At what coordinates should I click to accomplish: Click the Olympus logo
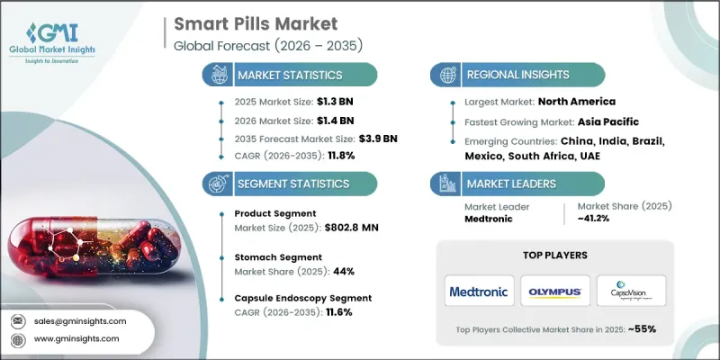[555, 291]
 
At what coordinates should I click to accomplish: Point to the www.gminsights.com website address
[77, 338]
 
